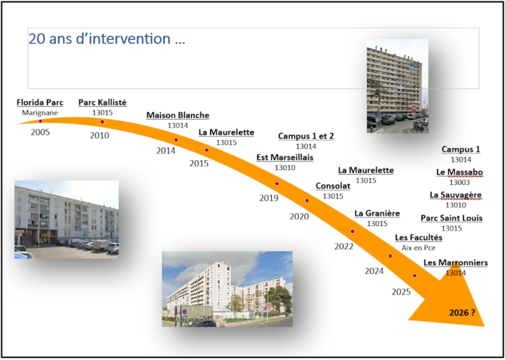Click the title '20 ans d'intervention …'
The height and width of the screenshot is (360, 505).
click(x=107, y=39)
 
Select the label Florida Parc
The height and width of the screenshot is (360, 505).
click(x=39, y=102)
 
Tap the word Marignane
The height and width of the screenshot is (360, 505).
click(x=39, y=112)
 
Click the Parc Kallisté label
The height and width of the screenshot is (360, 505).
click(x=102, y=103)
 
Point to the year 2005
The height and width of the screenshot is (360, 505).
click(x=40, y=131)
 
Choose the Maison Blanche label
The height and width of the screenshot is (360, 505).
click(x=178, y=115)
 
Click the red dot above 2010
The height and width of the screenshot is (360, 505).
click(x=102, y=122)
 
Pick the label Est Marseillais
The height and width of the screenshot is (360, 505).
click(x=284, y=157)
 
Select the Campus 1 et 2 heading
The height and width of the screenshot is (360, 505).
click(x=306, y=136)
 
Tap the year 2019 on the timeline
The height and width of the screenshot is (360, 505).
click(x=268, y=198)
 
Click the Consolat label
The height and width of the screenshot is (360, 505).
click(x=333, y=186)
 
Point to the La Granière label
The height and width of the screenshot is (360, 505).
click(x=377, y=213)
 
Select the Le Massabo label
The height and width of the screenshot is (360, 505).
click(x=460, y=172)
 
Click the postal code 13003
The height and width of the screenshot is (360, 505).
click(x=460, y=182)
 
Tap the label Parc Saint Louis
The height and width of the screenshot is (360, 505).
click(x=452, y=218)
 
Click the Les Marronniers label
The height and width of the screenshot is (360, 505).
click(x=456, y=263)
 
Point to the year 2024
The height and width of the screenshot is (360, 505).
click(x=374, y=271)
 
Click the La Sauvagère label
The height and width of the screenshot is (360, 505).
click(x=456, y=195)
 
